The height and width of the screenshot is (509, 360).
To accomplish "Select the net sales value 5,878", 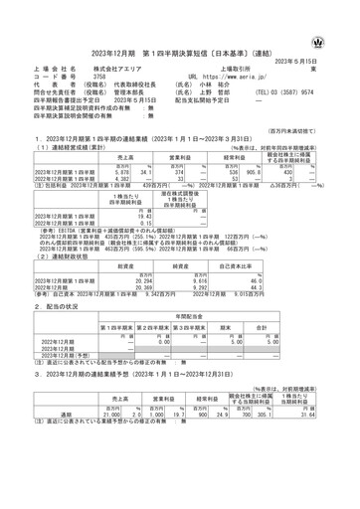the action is [x=120, y=172].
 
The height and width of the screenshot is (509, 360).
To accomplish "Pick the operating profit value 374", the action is [x=182, y=172].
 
